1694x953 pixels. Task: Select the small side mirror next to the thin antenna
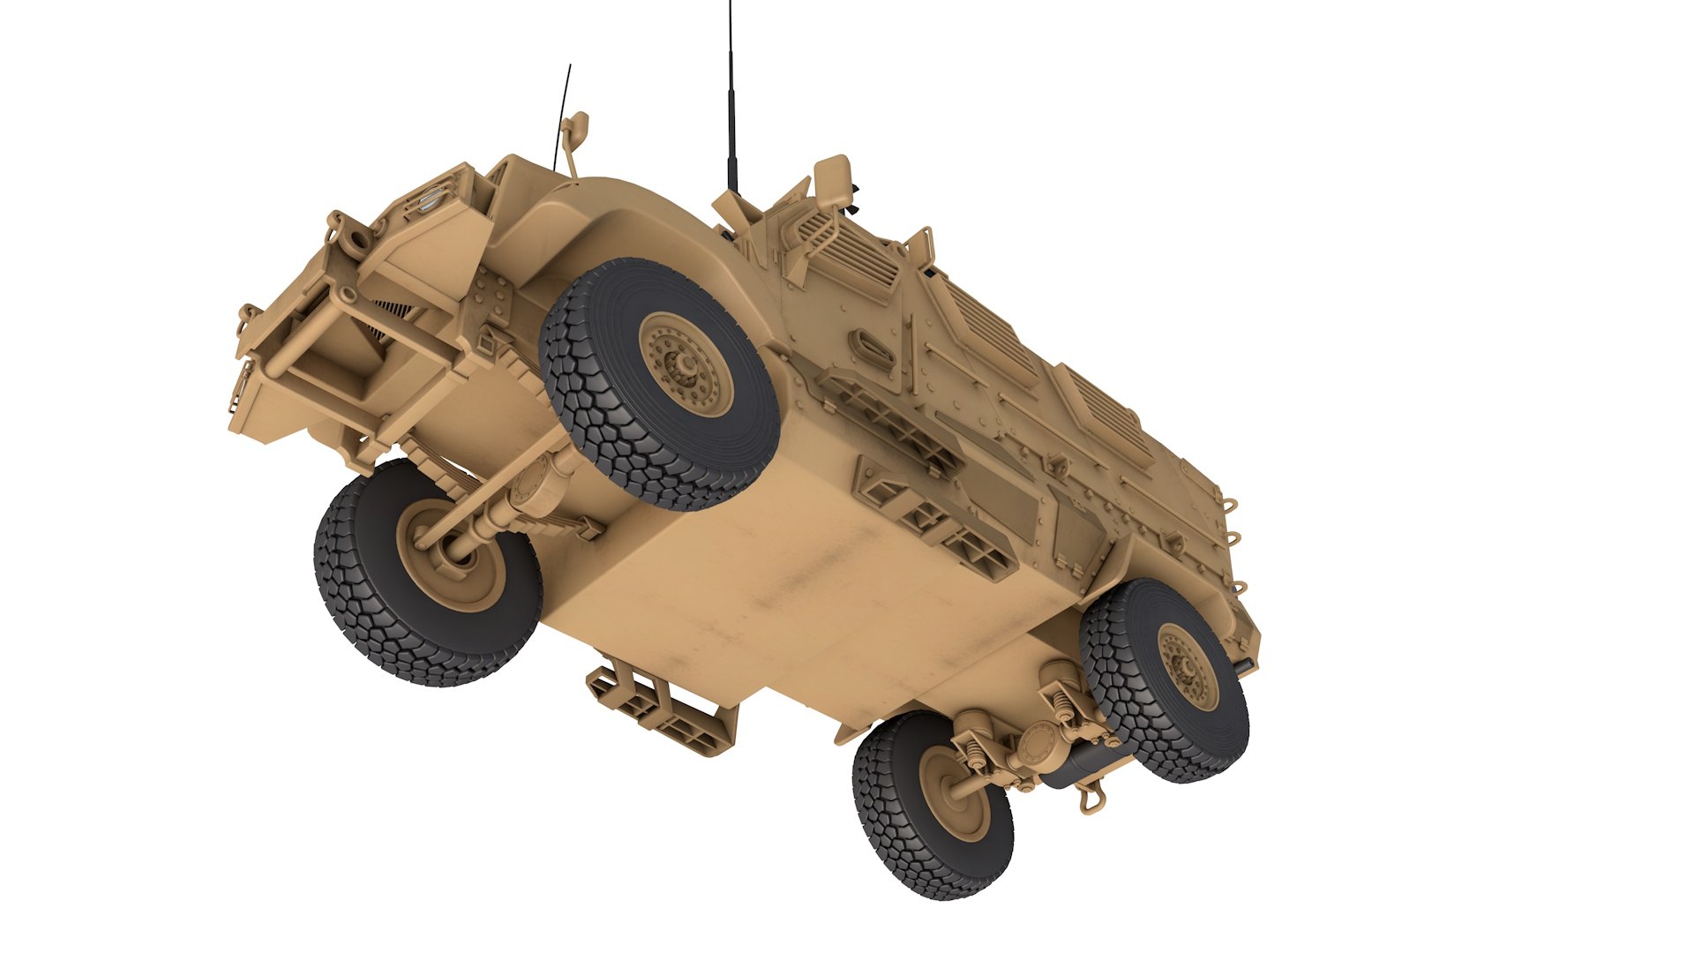point(574,130)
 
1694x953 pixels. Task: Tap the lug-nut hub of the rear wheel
point(1187,665)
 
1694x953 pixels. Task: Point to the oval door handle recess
point(868,344)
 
